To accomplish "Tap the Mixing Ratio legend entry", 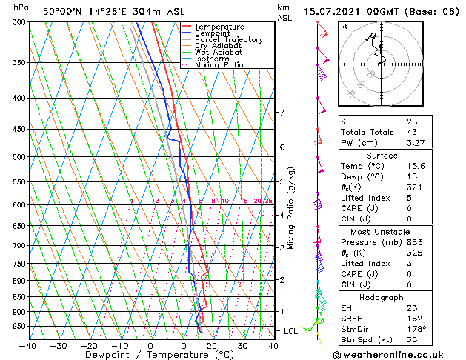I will click(x=221, y=65).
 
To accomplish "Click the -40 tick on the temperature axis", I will click(x=28, y=345).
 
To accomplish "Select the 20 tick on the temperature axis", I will click(x=211, y=345).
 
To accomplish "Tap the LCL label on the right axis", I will click(x=290, y=330).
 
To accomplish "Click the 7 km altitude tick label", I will click(x=282, y=113).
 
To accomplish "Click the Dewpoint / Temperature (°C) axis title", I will click(x=150, y=355).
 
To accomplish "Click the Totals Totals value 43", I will click(x=410, y=132).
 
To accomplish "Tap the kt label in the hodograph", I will click(x=344, y=26).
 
